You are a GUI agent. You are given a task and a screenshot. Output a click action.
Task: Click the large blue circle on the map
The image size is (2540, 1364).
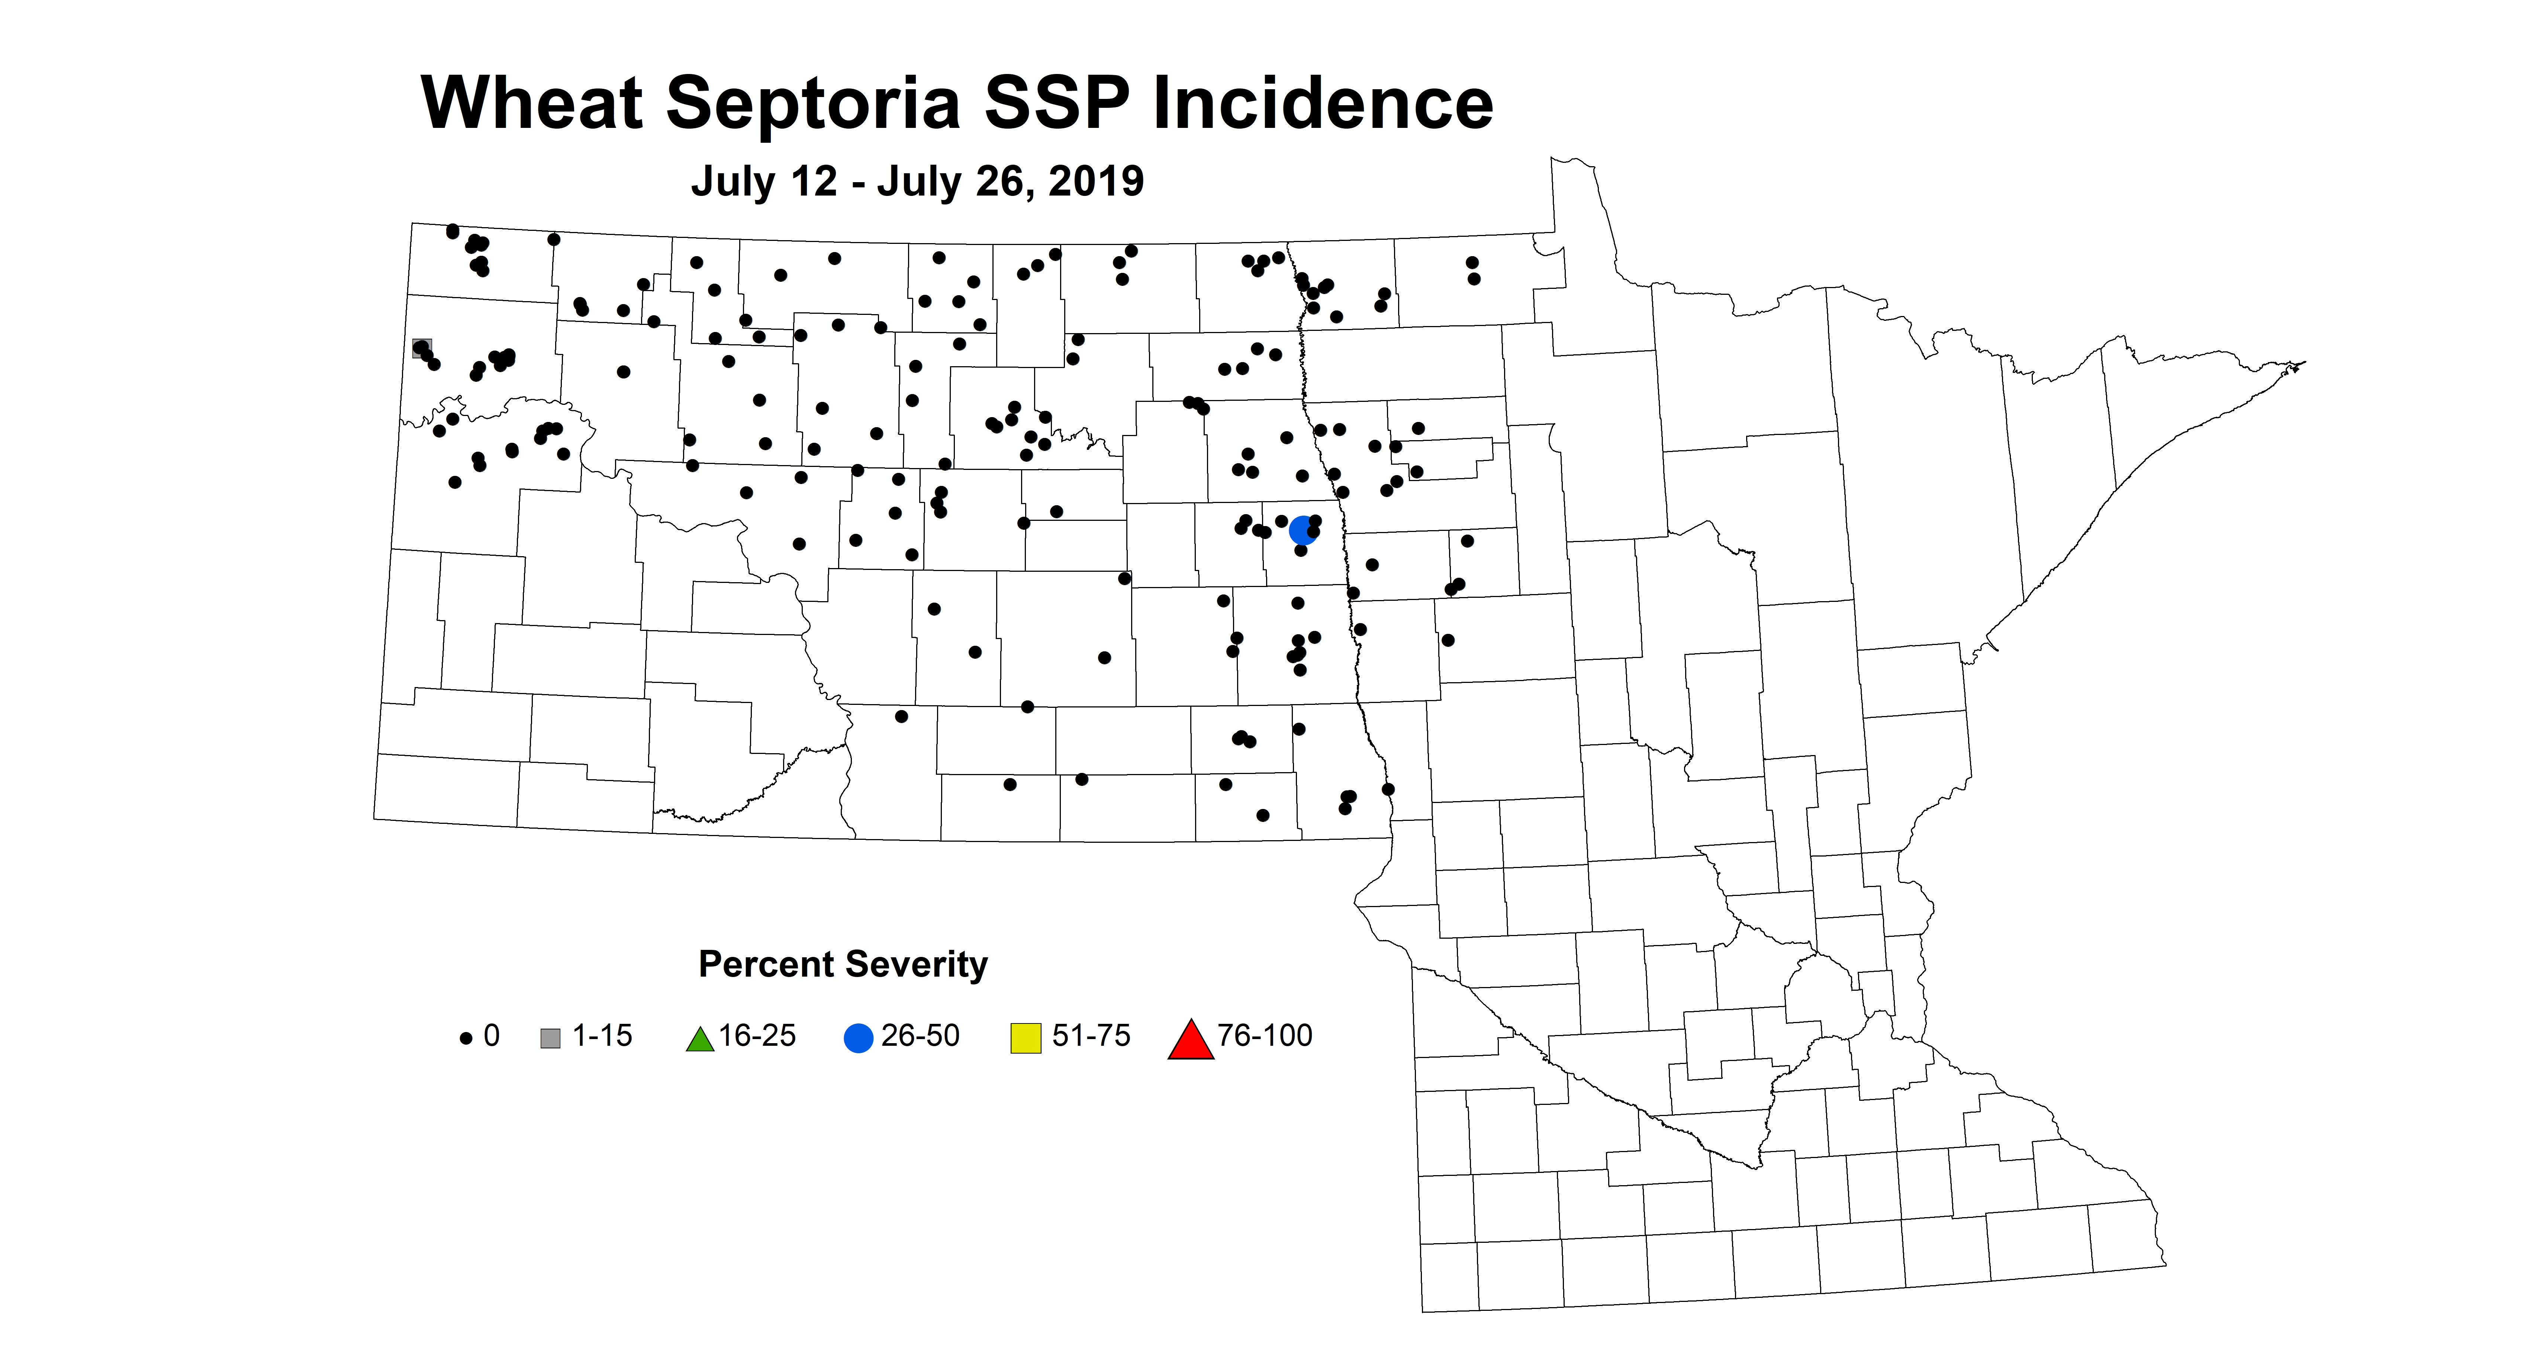[x=1303, y=530]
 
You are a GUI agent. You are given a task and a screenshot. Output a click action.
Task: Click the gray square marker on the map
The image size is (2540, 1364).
[x=421, y=348]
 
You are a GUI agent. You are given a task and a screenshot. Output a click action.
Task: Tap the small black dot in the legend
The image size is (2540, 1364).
[x=466, y=1039]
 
